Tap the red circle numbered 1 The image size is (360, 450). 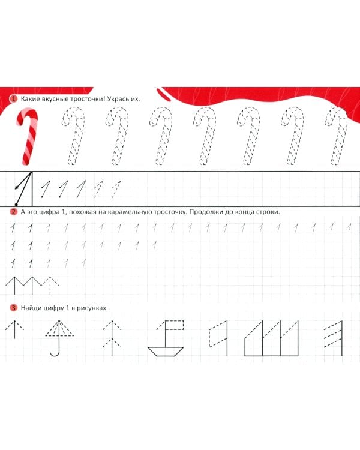(x=13, y=99)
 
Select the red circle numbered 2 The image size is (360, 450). (x=13, y=212)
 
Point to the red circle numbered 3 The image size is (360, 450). (x=13, y=308)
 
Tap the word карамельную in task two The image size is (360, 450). (x=131, y=212)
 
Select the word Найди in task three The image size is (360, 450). (x=31, y=308)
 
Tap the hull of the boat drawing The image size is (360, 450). (x=166, y=352)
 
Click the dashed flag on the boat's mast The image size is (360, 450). (x=175, y=325)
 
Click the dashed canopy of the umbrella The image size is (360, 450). (x=59, y=329)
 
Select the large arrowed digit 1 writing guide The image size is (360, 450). (x=23, y=189)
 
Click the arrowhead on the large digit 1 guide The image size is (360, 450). (x=17, y=188)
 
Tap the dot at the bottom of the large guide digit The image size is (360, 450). (x=16, y=205)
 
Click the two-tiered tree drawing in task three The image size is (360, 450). (x=112, y=338)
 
